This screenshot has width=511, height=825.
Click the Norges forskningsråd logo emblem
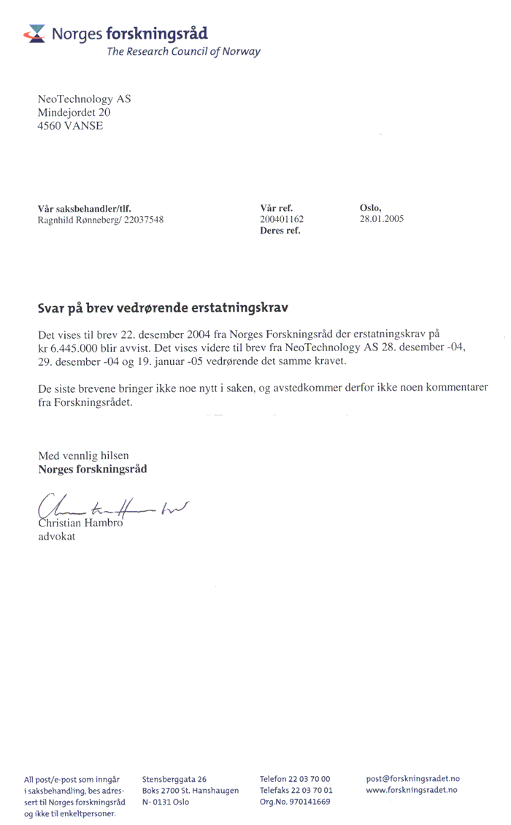tap(34, 33)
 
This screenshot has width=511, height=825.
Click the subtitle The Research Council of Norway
tap(183, 52)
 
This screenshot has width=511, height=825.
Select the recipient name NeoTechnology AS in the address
tap(84, 99)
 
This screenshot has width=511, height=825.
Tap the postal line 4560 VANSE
tap(70, 126)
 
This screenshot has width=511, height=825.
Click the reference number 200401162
tap(282, 219)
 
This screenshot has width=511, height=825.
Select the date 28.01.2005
tap(382, 219)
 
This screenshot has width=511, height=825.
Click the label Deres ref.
tap(280, 231)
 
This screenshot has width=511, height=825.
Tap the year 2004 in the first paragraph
tap(182, 334)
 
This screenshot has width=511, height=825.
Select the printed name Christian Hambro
tap(80, 524)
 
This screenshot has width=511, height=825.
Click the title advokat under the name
tap(56, 537)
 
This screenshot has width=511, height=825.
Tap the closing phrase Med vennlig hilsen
tap(83, 456)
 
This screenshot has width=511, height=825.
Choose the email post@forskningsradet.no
tap(413, 779)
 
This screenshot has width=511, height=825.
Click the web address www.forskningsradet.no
tap(412, 790)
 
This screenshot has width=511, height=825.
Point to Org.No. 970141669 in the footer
tap(295, 801)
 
